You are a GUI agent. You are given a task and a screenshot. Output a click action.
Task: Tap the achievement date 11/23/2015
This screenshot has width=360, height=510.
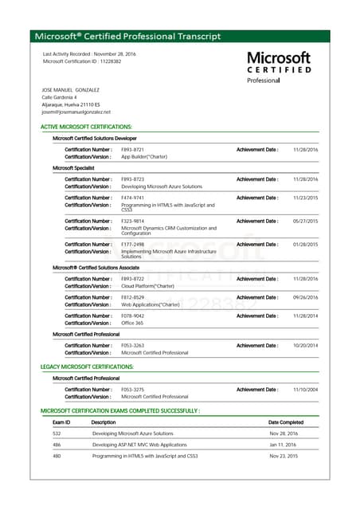click(305, 198)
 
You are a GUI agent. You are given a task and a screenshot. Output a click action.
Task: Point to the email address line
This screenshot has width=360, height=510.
click(76, 112)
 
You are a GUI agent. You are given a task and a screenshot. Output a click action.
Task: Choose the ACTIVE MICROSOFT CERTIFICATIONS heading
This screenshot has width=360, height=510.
click(86, 127)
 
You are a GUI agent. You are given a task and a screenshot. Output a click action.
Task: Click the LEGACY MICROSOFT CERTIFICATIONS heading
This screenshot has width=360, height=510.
click(87, 367)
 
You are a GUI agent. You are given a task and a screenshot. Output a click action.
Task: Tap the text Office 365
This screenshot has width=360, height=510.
click(134, 324)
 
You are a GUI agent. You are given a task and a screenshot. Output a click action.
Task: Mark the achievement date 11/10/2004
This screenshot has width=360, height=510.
click(305, 390)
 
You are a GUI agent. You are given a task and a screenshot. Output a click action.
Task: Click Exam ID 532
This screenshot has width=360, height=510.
click(57, 433)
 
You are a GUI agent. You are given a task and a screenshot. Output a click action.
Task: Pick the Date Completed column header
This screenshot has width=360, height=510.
click(286, 422)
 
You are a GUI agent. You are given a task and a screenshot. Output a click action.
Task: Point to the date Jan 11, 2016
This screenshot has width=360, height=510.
click(282, 445)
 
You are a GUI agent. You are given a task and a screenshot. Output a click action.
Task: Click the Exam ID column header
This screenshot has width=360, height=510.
click(61, 422)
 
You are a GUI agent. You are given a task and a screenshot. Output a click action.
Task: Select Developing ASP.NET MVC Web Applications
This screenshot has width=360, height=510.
click(139, 445)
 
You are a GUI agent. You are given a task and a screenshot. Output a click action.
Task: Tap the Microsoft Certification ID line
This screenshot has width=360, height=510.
click(82, 61)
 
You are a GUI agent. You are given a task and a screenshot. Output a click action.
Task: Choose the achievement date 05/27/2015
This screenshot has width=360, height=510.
click(305, 221)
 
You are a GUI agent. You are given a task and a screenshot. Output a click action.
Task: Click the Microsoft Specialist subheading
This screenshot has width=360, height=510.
click(75, 168)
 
